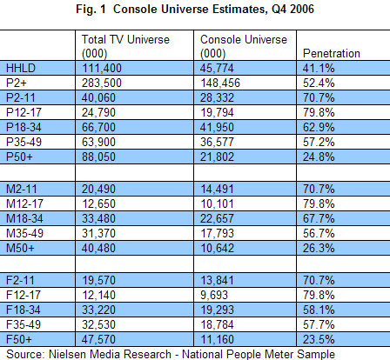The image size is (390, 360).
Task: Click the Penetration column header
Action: [332, 53]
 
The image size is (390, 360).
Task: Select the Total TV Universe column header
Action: [125, 46]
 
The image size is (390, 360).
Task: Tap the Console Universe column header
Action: [244, 46]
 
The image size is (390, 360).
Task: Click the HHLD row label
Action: [21, 68]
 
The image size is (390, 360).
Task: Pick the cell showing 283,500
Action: [102, 83]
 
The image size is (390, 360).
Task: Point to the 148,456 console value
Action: [220, 83]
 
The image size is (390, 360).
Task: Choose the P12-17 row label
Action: [24, 112]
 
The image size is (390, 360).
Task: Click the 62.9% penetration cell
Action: [319, 127]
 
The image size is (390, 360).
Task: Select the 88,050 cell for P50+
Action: [98, 157]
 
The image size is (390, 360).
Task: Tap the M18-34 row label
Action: [24, 218]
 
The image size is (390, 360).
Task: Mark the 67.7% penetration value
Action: [319, 218]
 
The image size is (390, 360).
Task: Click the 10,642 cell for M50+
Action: [217, 248]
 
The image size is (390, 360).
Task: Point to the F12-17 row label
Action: [24, 295]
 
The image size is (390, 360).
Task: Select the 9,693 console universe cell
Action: [214, 295]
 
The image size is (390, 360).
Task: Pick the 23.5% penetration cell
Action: [319, 339]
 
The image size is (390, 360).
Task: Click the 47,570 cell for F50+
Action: [98, 339]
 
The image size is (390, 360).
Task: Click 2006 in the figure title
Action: [302, 9]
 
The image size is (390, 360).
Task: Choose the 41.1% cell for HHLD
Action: [319, 68]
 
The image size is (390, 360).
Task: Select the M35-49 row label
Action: [24, 233]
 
